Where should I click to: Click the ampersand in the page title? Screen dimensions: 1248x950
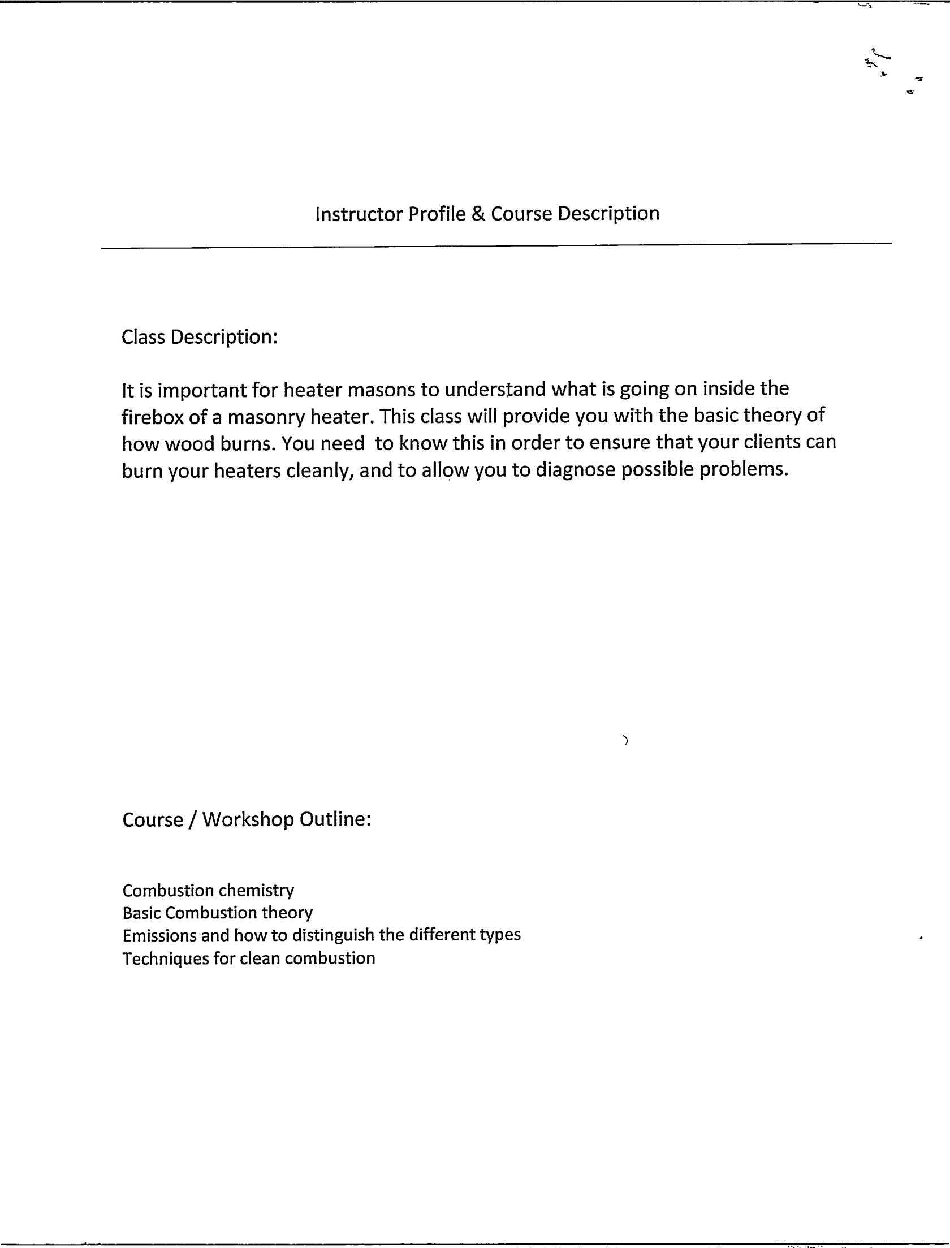(478, 214)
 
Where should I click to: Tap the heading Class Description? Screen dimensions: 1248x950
(200, 337)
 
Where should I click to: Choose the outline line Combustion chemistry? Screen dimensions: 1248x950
(208, 891)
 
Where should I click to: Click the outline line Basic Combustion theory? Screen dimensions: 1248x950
(218, 913)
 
